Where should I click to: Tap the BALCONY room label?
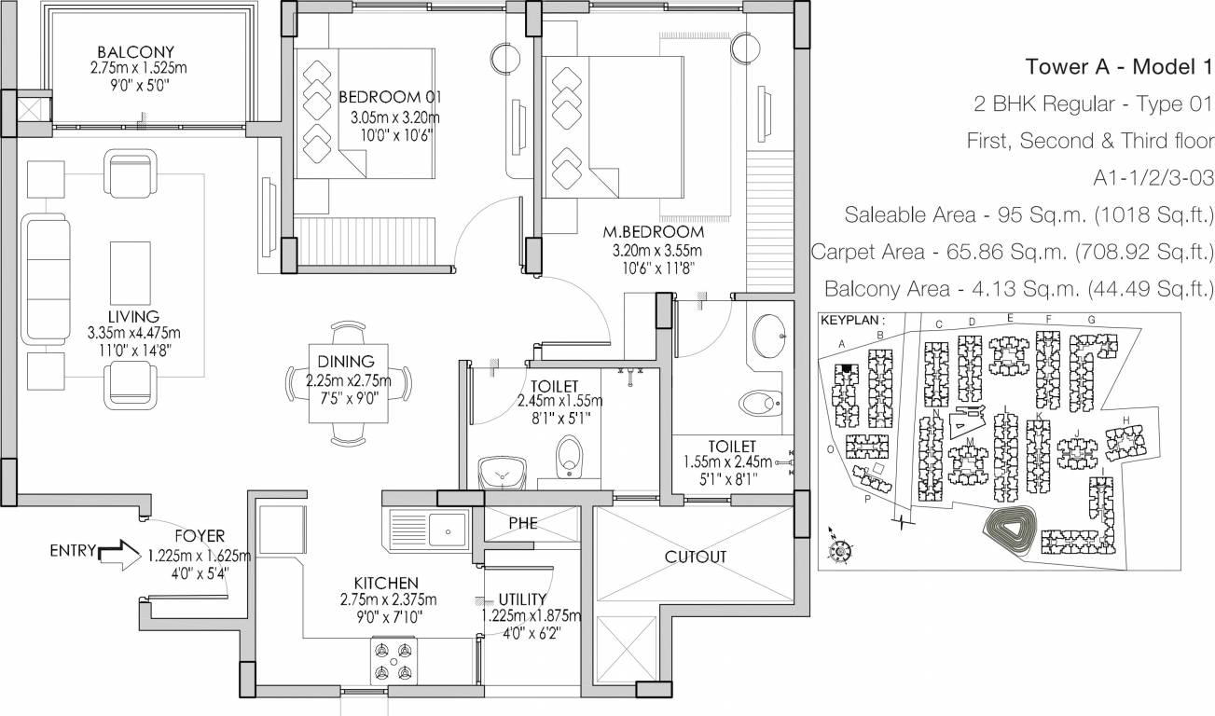click(x=136, y=51)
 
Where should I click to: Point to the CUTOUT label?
click(x=696, y=557)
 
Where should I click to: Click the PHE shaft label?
click(x=523, y=523)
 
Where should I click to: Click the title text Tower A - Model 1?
click(x=1119, y=66)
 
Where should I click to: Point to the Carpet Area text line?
click(x=1012, y=253)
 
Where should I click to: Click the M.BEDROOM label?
click(x=652, y=231)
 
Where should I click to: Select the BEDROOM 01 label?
click(x=390, y=97)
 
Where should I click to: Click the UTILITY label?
click(x=522, y=599)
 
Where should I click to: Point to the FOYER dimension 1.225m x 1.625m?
click(x=199, y=557)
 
